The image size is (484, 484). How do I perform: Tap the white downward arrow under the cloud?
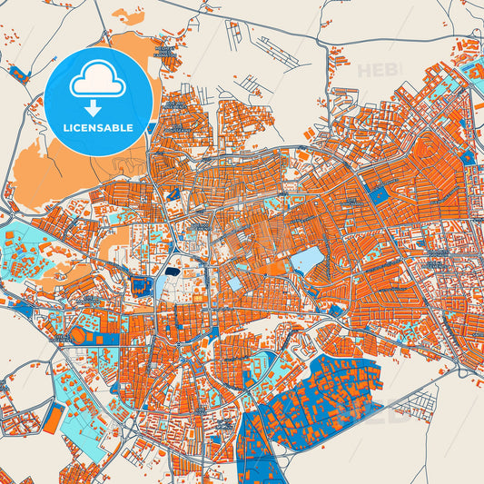click(98, 107)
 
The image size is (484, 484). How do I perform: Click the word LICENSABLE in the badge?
click(98, 127)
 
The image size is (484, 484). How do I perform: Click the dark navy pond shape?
click(173, 270)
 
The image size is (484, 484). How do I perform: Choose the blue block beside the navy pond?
click(141, 286)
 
